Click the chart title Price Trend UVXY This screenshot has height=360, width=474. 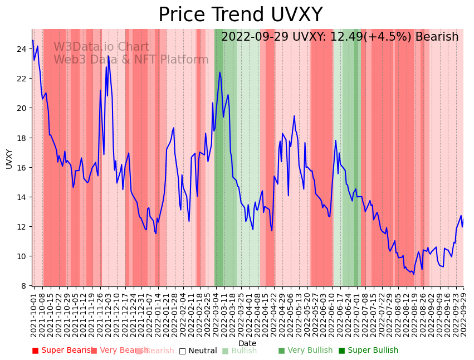(x=240, y=15)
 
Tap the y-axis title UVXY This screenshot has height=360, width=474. (x=9, y=158)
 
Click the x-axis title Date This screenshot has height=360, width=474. (x=247, y=344)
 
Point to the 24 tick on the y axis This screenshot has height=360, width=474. (x=23, y=49)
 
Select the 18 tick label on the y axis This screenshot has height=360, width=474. (x=23, y=138)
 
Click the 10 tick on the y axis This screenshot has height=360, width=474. (x=23, y=256)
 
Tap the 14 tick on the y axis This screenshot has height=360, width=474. (x=23, y=197)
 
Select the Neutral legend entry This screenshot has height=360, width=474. (x=198, y=351)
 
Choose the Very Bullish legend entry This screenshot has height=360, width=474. (x=305, y=351)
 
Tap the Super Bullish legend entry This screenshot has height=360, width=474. (x=368, y=351)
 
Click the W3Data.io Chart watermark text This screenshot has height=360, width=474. (x=101, y=47)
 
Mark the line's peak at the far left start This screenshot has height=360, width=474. (x=33, y=41)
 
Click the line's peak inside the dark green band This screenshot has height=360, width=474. (x=219, y=72)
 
